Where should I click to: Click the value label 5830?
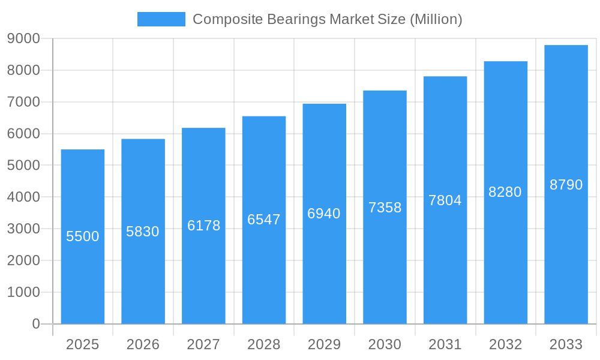pyautogui.click(x=143, y=232)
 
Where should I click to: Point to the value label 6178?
pyautogui.click(x=203, y=226)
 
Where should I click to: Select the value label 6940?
pyautogui.click(x=324, y=214)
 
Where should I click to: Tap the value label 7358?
pyautogui.click(x=385, y=208)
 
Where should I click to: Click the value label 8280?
pyautogui.click(x=505, y=192)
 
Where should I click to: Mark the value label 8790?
pyautogui.click(x=566, y=185)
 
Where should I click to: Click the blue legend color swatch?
pyautogui.click(x=161, y=19)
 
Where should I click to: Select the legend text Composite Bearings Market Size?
pyautogui.click(x=327, y=19)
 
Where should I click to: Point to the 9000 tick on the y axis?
pyautogui.click(x=23, y=38)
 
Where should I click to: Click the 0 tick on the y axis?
pyautogui.click(x=35, y=324)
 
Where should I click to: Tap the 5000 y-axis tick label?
pyautogui.click(x=23, y=165)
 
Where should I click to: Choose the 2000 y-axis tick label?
pyautogui.click(x=23, y=260)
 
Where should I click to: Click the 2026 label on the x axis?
pyautogui.click(x=143, y=344)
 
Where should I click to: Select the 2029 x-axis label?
pyautogui.click(x=324, y=344)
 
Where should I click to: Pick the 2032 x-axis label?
pyautogui.click(x=505, y=344)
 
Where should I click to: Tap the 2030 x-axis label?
pyautogui.click(x=385, y=344)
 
